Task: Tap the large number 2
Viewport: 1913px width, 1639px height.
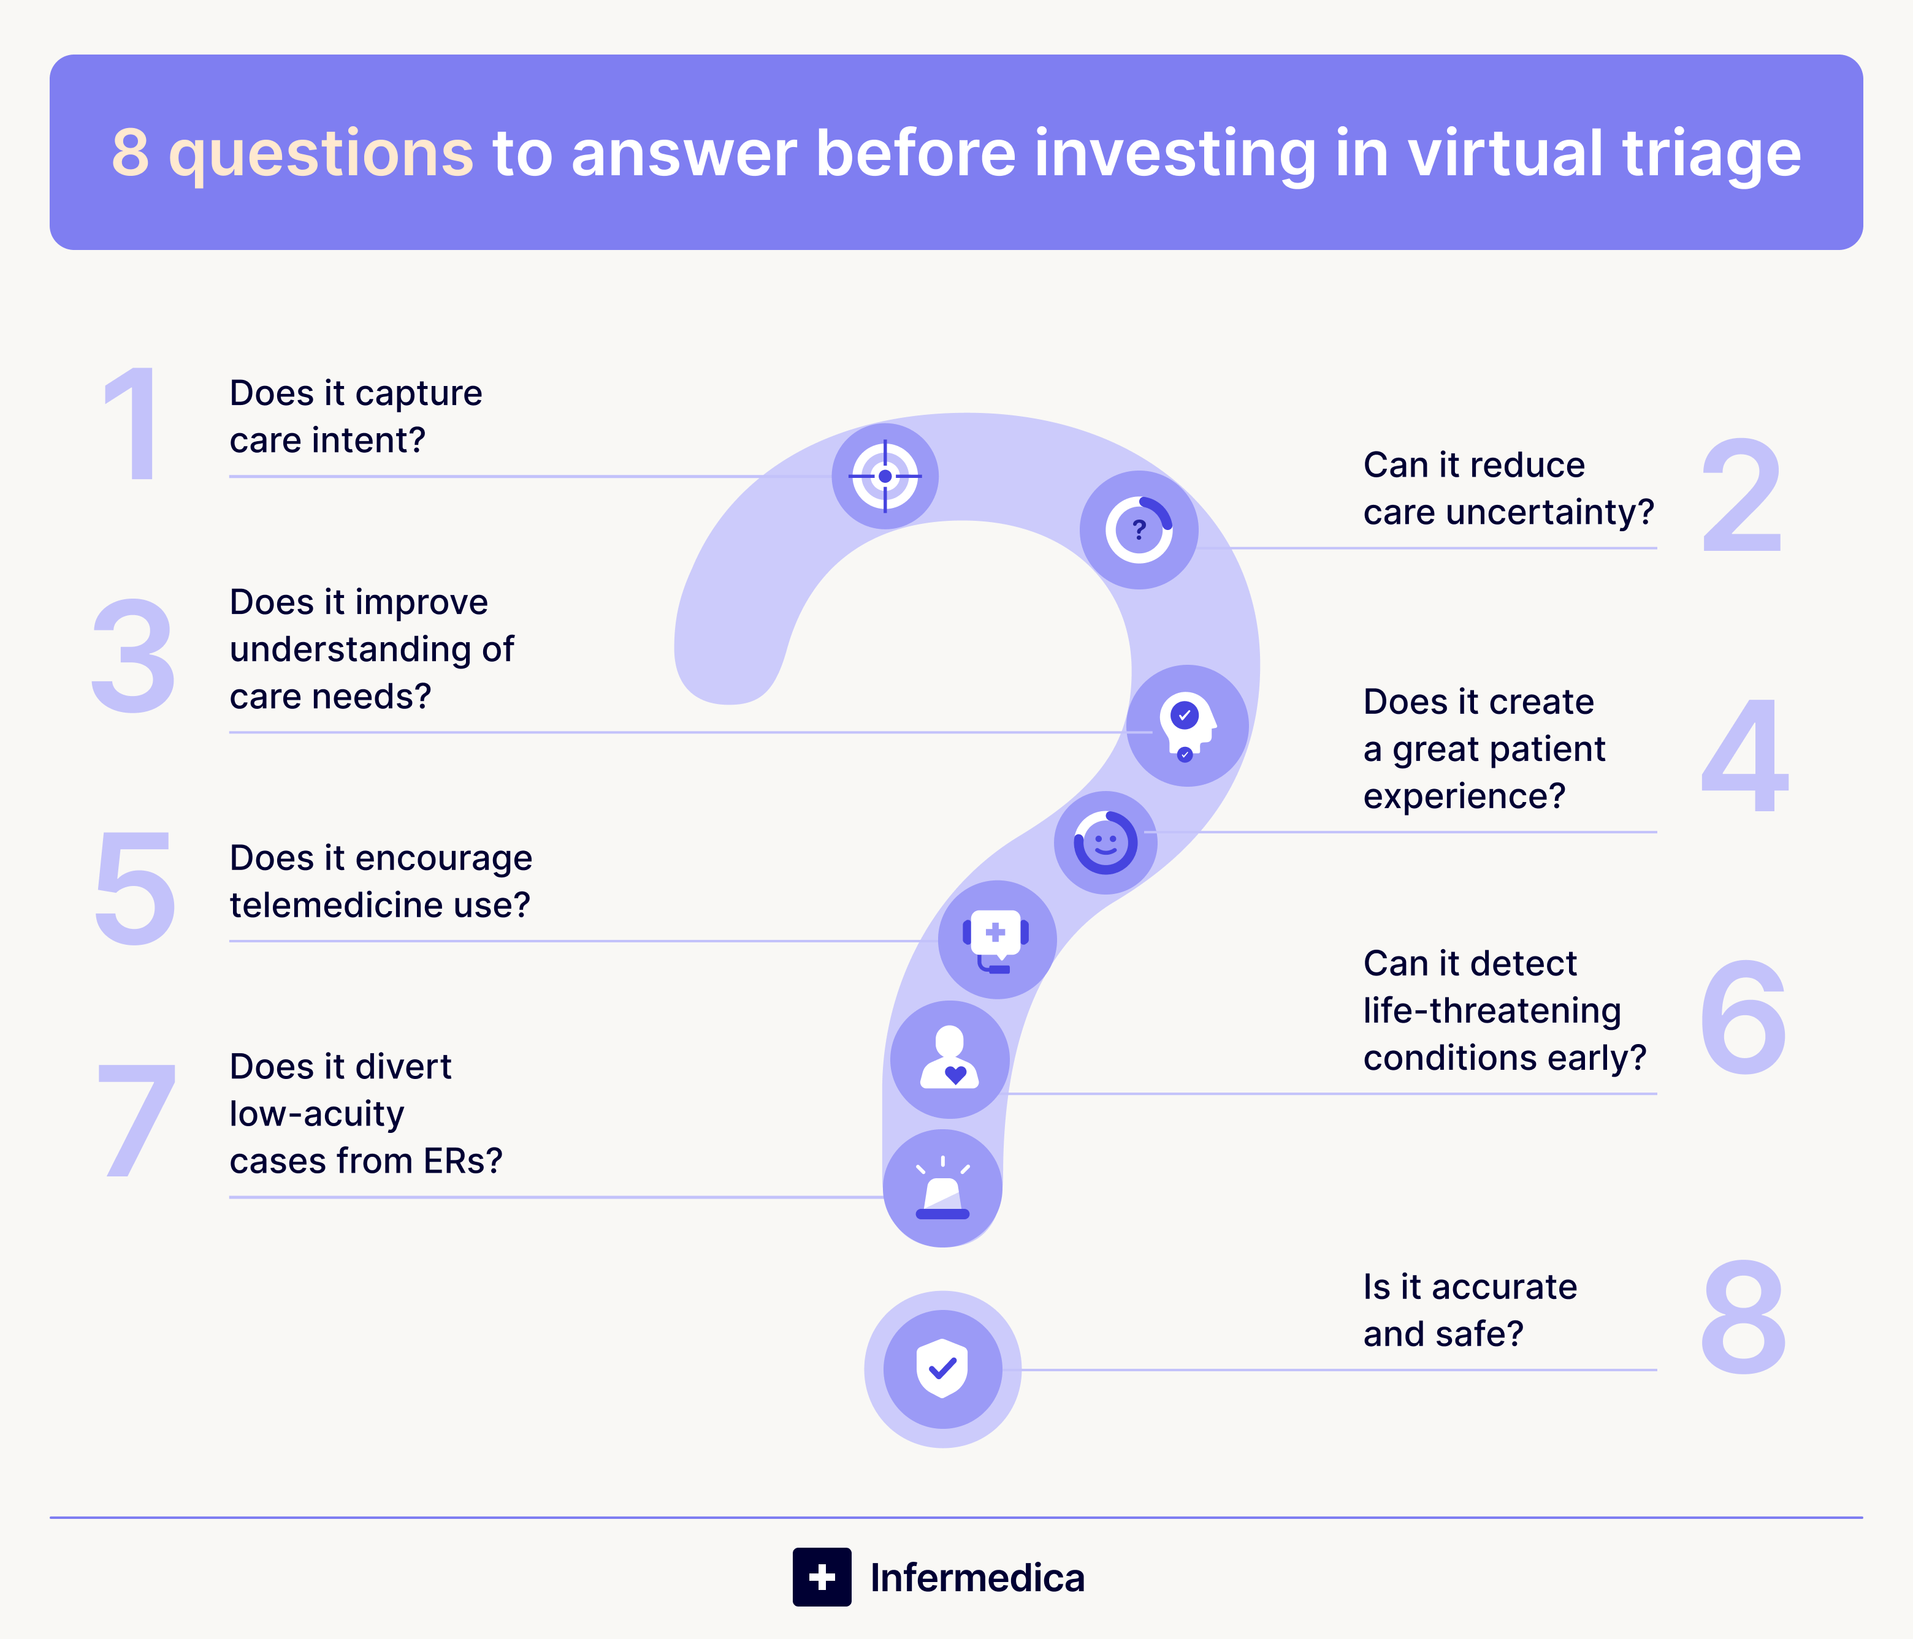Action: [1741, 496]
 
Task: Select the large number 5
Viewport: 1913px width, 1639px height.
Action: [135, 888]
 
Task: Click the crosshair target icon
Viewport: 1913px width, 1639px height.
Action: [885, 476]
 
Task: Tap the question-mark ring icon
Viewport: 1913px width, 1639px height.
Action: [1139, 530]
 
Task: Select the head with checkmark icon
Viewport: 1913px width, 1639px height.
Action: [1186, 725]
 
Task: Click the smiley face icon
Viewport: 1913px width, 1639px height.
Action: [1105, 842]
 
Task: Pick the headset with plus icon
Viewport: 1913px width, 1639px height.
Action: [996, 939]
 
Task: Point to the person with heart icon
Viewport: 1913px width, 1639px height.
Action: [949, 1059]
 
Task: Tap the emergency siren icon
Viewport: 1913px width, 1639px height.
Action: [942, 1189]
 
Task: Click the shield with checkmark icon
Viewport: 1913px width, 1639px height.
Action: [942, 1369]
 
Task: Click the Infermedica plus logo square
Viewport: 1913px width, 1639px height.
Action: [822, 1577]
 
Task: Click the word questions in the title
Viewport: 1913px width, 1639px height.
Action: [321, 154]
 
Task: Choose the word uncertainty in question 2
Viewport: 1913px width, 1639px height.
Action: [1549, 512]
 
